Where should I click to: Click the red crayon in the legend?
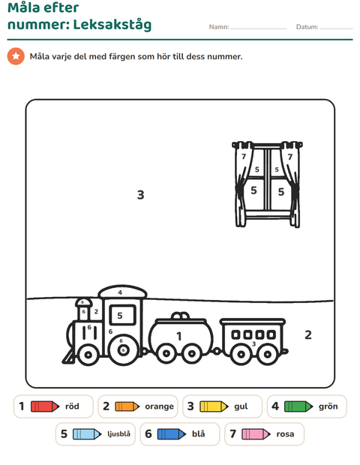click(x=45, y=406)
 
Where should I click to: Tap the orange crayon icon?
click(x=127, y=406)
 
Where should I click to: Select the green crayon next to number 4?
click(x=298, y=406)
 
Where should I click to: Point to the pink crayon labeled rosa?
click(x=256, y=434)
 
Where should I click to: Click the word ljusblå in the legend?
click(x=118, y=434)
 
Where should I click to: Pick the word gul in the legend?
click(x=241, y=406)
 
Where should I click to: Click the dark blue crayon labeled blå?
click(x=172, y=434)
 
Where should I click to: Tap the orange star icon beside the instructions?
click(x=16, y=56)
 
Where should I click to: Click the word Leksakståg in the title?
click(x=112, y=25)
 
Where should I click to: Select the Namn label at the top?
click(x=219, y=27)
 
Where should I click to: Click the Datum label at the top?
click(x=307, y=27)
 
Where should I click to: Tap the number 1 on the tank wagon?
click(x=178, y=337)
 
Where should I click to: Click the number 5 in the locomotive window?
click(x=120, y=316)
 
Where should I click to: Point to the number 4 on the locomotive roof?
click(x=120, y=292)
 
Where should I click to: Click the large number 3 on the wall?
click(x=140, y=195)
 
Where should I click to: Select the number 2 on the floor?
click(x=308, y=334)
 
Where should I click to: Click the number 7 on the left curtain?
click(x=244, y=156)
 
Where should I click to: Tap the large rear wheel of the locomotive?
click(x=123, y=350)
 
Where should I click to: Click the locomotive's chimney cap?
click(x=83, y=302)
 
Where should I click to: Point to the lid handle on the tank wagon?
click(x=180, y=316)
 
